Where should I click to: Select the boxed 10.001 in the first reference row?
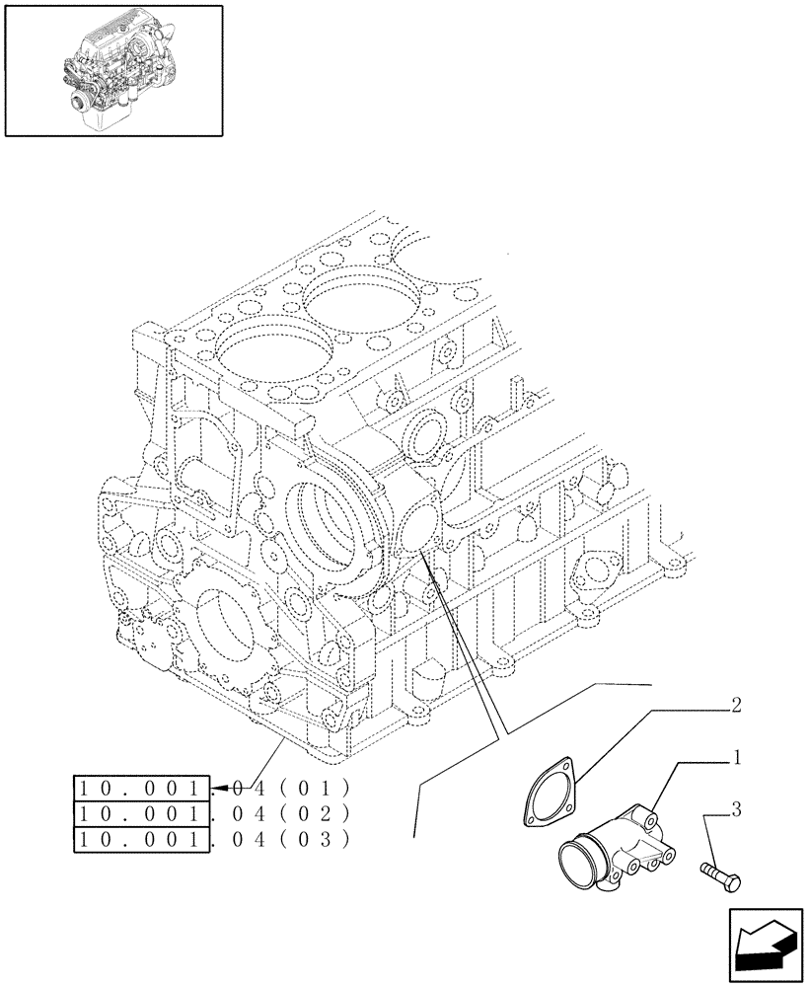tap(142, 788)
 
